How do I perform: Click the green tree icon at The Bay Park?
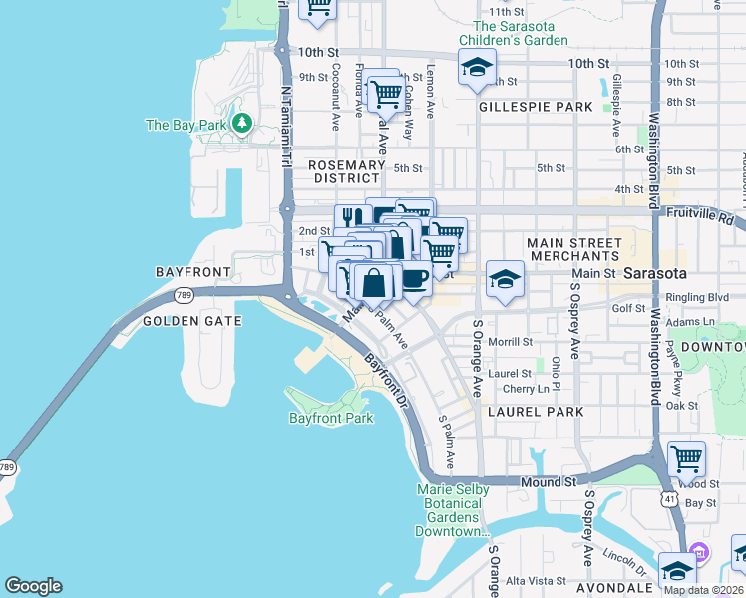point(241,123)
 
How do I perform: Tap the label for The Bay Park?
point(186,125)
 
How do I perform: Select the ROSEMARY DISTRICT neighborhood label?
point(346,171)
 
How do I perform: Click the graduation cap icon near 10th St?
point(477,68)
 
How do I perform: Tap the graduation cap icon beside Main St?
point(506,278)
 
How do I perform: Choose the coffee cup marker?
point(414,278)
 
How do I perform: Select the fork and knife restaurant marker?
point(351,218)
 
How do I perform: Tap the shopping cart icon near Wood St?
point(686,458)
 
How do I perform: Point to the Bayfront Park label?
point(330,418)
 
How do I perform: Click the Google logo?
point(33,586)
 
